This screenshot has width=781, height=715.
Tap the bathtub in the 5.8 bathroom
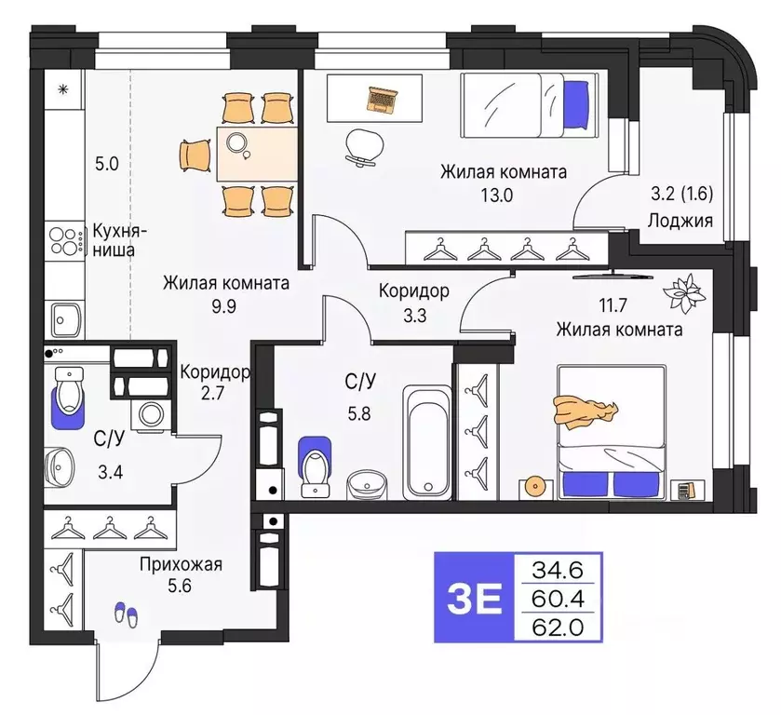point(428,442)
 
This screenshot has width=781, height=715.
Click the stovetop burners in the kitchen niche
point(65,243)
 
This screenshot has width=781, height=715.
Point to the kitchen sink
point(65,321)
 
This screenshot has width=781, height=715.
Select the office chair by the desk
point(363,146)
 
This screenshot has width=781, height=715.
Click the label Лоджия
point(681,221)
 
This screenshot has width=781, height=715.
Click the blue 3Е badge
point(474,597)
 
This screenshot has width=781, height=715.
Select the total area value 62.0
point(558,627)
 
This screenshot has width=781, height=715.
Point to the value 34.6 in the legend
point(558,567)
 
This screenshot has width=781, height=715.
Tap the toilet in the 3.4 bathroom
point(69,398)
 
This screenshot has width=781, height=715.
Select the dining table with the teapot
point(244,153)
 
